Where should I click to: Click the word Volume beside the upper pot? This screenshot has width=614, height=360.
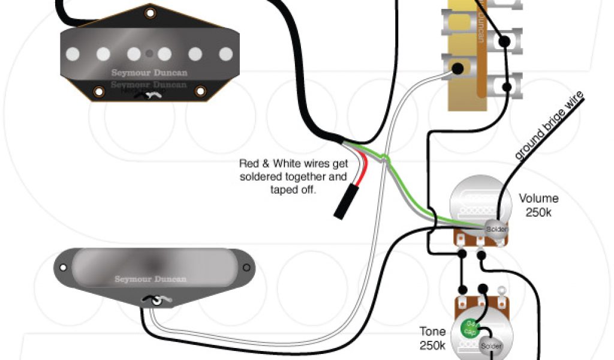click(538, 199)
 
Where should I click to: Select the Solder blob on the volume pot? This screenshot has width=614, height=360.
click(496, 229)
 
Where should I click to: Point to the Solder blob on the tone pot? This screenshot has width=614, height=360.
click(489, 346)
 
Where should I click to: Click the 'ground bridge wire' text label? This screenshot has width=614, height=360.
click(549, 125)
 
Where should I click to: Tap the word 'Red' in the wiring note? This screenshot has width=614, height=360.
click(249, 163)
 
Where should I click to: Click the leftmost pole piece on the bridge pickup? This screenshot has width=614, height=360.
click(73, 54)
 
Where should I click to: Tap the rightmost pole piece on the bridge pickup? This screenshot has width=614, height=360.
click(225, 54)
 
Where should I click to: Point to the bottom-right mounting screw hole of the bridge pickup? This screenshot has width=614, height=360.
click(200, 91)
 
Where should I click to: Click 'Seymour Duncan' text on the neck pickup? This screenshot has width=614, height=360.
click(151, 279)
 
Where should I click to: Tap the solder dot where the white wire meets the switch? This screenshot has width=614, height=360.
click(457, 68)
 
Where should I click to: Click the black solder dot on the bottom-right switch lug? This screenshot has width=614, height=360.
click(507, 88)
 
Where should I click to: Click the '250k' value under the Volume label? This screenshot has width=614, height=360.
click(538, 212)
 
